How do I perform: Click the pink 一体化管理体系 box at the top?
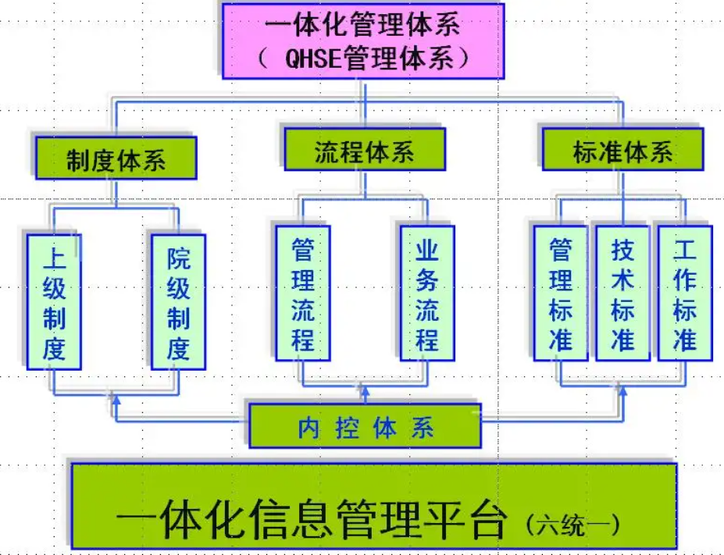(x=362, y=41)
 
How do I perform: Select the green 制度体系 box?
(x=116, y=158)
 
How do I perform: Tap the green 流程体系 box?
(x=364, y=150)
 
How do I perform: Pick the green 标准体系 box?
(x=622, y=150)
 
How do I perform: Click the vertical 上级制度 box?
(x=54, y=301)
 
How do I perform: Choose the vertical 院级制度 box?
(x=178, y=301)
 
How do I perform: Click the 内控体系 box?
(x=365, y=426)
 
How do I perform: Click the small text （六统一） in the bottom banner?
(x=573, y=524)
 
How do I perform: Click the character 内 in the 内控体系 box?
(x=309, y=428)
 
